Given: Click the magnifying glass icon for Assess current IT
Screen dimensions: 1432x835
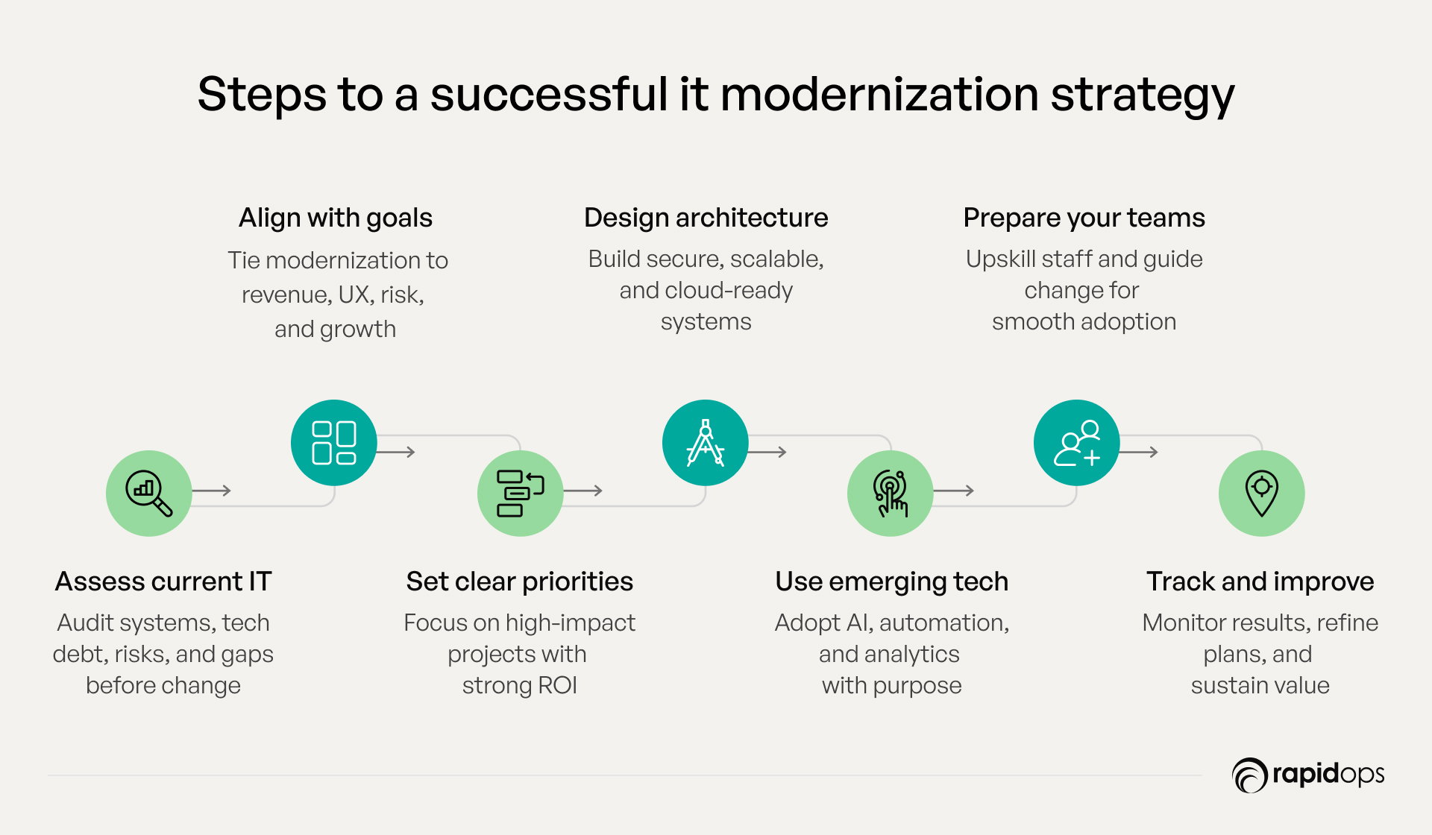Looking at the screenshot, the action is click(149, 493).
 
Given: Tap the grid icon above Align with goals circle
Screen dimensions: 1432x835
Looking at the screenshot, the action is click(333, 443).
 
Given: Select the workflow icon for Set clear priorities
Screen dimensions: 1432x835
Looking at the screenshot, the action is click(520, 493).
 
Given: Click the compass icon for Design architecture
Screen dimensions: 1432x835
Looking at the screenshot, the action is click(705, 443).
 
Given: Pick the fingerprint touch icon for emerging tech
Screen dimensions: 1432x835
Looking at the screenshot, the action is click(891, 493).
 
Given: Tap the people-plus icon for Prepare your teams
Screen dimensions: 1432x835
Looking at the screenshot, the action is click(1077, 443).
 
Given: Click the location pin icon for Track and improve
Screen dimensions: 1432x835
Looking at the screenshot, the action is click(1262, 493).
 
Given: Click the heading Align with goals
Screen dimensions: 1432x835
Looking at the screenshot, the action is click(336, 218).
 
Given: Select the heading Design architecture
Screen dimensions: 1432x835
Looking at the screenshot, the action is click(706, 217).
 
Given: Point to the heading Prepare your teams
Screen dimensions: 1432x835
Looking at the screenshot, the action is click(1084, 218).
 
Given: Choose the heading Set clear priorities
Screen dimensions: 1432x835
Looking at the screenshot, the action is click(520, 582).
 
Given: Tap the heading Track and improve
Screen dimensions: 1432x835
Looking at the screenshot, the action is click(1260, 582).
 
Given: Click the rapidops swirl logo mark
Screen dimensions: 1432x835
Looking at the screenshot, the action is click(1250, 775).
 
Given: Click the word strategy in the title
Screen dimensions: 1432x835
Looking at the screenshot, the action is click(1143, 95).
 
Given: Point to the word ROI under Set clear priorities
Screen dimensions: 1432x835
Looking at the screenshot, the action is click(557, 685).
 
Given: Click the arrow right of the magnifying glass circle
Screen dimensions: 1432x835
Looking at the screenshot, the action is click(212, 491).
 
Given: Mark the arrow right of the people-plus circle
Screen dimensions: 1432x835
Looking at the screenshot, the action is click(1139, 452).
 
